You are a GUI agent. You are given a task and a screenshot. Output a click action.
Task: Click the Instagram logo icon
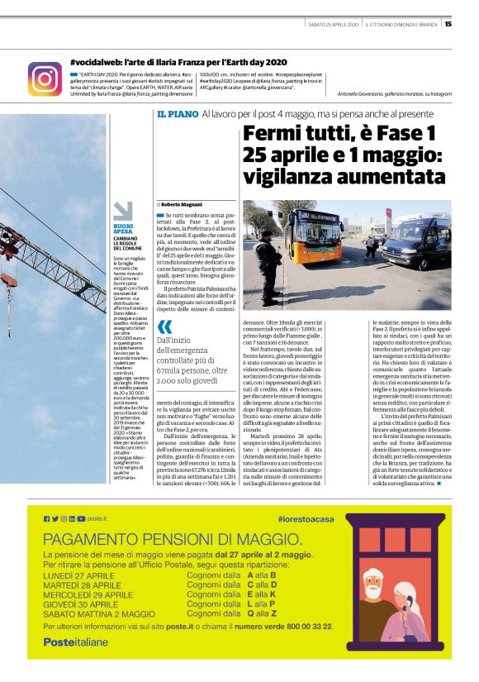(45, 78)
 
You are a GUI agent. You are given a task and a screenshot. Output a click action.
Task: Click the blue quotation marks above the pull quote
(164, 327)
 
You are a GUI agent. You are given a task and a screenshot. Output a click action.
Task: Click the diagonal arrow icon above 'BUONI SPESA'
(122, 211)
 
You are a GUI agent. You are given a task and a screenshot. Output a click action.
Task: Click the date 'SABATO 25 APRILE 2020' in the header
(332, 23)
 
